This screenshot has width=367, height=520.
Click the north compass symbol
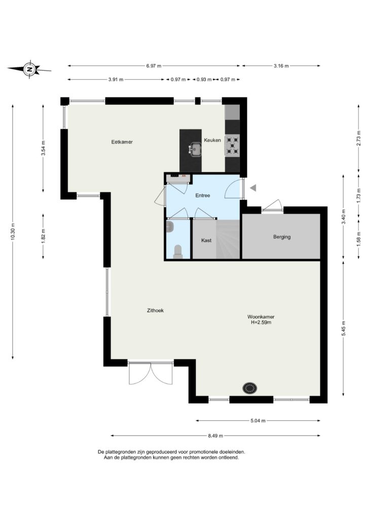tap(29, 69)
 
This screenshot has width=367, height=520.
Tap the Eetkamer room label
tap(122, 142)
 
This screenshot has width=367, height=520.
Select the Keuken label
tap(212, 140)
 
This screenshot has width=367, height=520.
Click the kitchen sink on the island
tap(196, 149)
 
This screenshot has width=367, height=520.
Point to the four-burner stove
tap(233, 146)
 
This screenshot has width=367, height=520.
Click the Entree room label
tap(203, 196)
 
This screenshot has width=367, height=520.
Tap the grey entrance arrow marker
tap(253, 188)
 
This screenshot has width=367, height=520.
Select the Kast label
tap(206, 240)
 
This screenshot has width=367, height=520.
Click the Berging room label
tap(282, 237)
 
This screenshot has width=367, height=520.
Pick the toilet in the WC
tap(178, 251)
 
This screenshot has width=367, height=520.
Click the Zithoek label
tap(155, 310)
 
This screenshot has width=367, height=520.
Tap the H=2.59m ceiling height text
tap(261, 322)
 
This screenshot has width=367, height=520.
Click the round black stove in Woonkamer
tap(250, 387)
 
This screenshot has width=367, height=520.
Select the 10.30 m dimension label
tap(13, 231)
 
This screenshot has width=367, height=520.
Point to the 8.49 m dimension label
tap(215, 436)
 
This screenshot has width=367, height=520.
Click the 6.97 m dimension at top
tap(154, 66)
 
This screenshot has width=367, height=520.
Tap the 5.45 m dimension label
tap(343, 329)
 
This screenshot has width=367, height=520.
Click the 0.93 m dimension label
tap(204, 80)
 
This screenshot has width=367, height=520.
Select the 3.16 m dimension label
tap(281, 66)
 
